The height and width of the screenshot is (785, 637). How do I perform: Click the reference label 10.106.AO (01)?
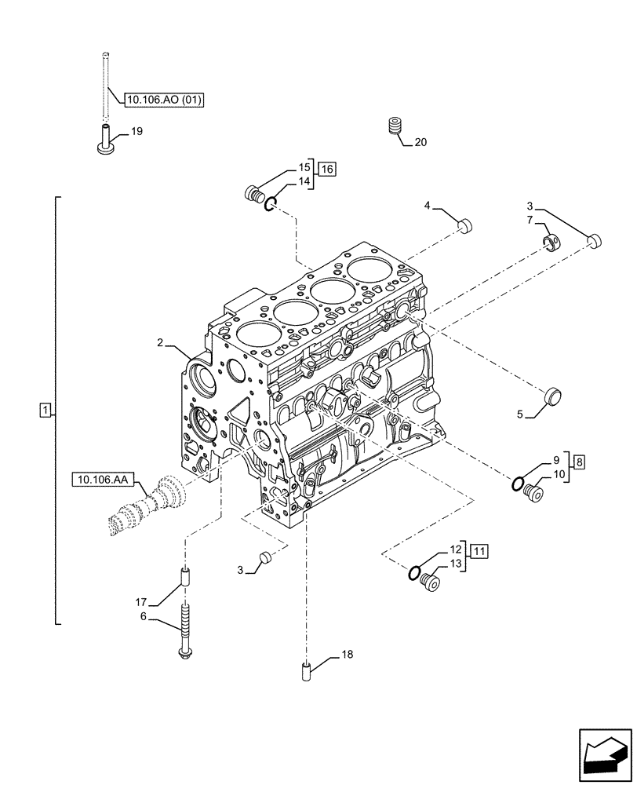162,100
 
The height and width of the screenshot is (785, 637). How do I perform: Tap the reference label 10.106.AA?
104,477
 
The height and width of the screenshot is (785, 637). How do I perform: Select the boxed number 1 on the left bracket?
45,410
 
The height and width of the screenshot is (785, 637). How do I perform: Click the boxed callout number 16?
326,169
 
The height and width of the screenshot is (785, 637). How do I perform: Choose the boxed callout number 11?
479,550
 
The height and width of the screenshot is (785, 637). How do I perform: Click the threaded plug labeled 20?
396,127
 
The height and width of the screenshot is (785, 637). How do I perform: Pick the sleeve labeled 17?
185,577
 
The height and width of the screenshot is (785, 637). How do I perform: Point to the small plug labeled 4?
465,226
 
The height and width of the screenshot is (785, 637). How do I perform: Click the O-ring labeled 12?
413,572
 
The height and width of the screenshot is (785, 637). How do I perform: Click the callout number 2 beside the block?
159,342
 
